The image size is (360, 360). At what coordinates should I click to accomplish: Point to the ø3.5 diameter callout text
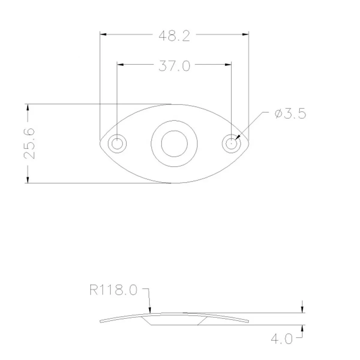point(290,114)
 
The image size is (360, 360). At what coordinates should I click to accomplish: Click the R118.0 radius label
point(113,290)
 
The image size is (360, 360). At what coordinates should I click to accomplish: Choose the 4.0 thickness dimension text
point(281,339)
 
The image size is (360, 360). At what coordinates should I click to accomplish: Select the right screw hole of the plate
point(232,143)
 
